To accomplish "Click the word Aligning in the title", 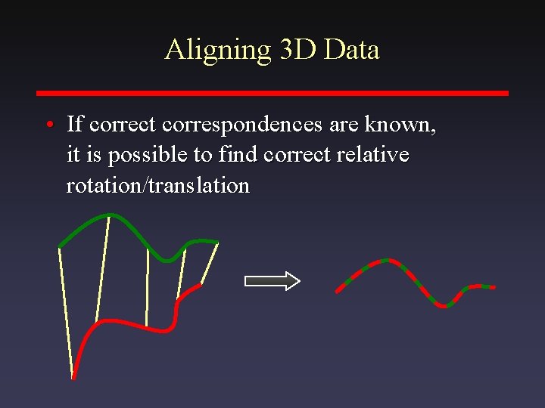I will [x=217, y=50].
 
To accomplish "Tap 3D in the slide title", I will [x=298, y=50].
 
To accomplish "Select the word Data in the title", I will [x=352, y=50].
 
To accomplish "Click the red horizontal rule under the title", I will [x=272, y=93].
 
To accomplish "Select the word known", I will [x=404, y=123].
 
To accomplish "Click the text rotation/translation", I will [x=157, y=186].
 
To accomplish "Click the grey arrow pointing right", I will [x=272, y=281].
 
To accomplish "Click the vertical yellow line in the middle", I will [x=148, y=291].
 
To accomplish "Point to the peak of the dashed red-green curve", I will [x=386, y=261].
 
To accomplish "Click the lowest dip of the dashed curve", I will [x=447, y=305].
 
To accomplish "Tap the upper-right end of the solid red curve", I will [x=201, y=285].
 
